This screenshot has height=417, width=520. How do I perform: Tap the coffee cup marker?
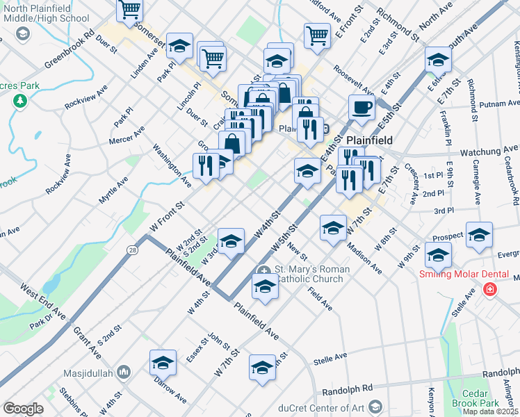pyautogui.click(x=361, y=108)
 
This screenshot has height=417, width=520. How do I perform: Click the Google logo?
pyautogui.click(x=23, y=409)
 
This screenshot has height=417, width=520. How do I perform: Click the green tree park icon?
pyautogui.click(x=20, y=101)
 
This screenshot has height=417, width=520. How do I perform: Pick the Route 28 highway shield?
pyautogui.click(x=132, y=248)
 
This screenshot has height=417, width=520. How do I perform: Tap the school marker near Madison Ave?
pyautogui.click(x=333, y=227)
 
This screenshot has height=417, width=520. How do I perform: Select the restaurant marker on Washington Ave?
pyautogui.click(x=205, y=165)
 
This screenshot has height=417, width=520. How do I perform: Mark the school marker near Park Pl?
pyautogui.click(x=180, y=46)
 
